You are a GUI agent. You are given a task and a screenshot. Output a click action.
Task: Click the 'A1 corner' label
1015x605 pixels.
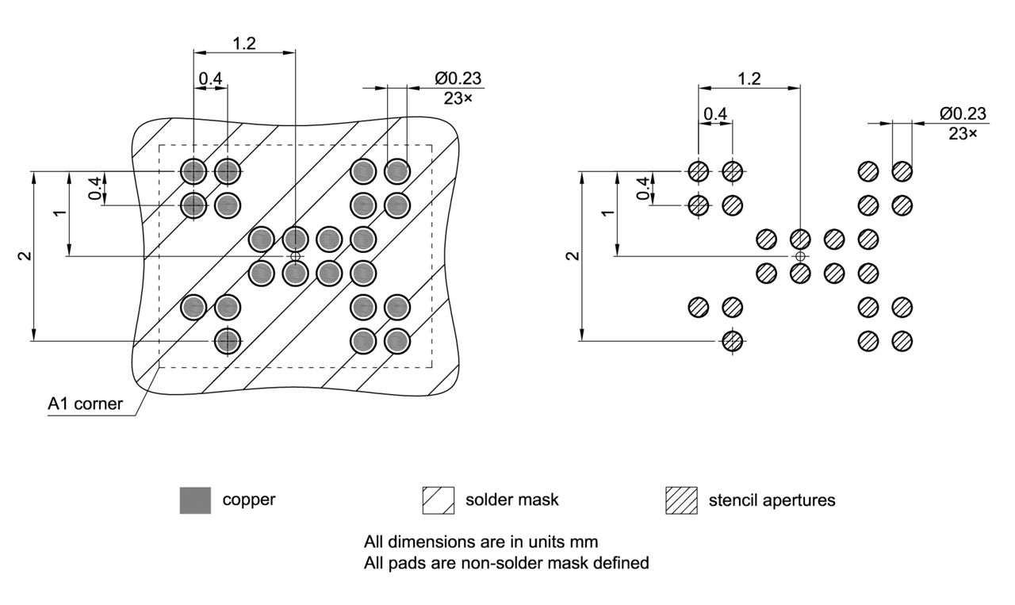pyautogui.click(x=85, y=404)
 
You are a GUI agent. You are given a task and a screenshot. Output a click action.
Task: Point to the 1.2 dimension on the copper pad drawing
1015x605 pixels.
pyautogui.click(x=244, y=43)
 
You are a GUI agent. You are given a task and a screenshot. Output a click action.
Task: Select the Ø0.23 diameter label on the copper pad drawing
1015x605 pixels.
pyautogui.click(x=458, y=78)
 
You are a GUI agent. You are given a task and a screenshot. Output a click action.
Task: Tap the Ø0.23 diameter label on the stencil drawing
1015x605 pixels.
pyautogui.click(x=963, y=113)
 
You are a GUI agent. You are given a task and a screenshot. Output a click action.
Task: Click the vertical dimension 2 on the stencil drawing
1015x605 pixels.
pyautogui.click(x=573, y=255)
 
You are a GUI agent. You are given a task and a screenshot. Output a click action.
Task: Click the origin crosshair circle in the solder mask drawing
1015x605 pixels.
pyautogui.click(x=295, y=256)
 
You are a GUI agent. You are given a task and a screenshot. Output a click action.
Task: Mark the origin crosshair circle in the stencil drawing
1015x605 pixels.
pyautogui.click(x=800, y=256)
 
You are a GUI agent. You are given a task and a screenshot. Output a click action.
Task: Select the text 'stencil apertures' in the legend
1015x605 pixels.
pyautogui.click(x=772, y=501)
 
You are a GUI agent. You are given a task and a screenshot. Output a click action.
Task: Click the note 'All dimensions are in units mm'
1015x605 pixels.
pyautogui.click(x=481, y=542)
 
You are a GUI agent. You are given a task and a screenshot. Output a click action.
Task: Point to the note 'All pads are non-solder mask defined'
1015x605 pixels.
pyautogui.click(x=507, y=563)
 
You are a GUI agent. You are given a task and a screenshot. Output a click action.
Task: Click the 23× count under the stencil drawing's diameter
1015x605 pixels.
pyautogui.click(x=963, y=133)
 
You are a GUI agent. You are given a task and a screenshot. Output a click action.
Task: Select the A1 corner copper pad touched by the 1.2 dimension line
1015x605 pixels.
pyautogui.click(x=193, y=170)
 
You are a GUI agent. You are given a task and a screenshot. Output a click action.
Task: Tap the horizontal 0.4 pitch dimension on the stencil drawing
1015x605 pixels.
pyautogui.click(x=715, y=113)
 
